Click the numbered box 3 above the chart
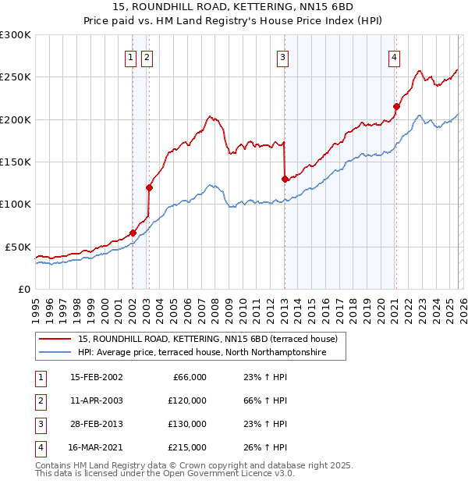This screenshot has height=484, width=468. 282,56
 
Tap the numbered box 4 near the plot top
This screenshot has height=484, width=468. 395,56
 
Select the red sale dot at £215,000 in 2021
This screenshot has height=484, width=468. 396,106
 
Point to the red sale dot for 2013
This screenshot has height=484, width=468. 285,179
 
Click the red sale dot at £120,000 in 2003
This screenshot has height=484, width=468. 149,187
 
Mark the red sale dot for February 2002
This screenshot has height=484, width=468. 133,233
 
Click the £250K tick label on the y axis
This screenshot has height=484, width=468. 16,77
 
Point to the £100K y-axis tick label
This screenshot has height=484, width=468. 16,204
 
